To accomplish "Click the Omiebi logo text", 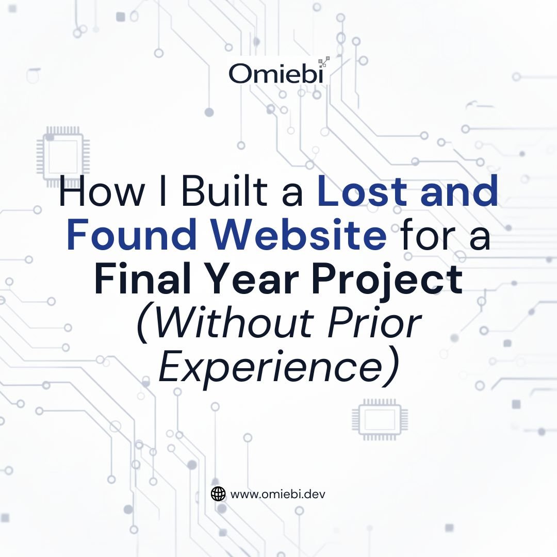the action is click(x=276, y=74).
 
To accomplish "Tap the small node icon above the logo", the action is click(x=323, y=62).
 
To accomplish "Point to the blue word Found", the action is click(x=132, y=235).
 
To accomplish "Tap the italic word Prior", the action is click(x=375, y=323).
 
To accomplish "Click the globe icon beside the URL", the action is click(x=218, y=494).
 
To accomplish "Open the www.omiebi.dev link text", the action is click(x=278, y=494).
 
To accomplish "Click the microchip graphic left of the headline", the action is click(x=63, y=157).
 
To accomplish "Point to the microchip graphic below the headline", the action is click(x=380, y=419).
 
